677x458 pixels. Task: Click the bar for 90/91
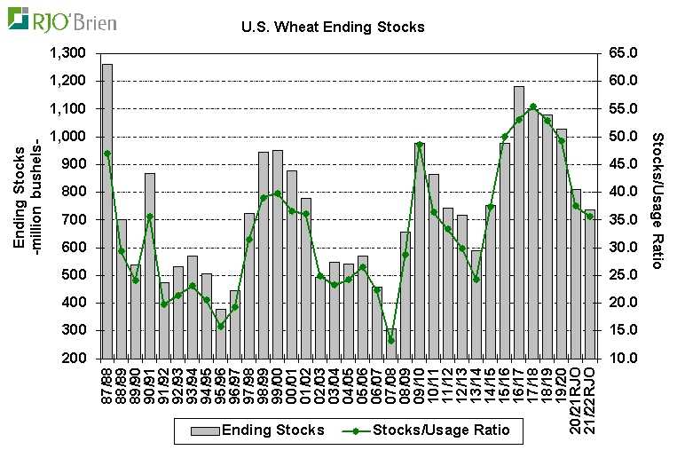click(150, 266)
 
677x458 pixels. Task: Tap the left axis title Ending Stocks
click(19, 205)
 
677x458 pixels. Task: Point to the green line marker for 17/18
click(533, 107)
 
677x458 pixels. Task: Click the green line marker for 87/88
click(107, 153)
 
